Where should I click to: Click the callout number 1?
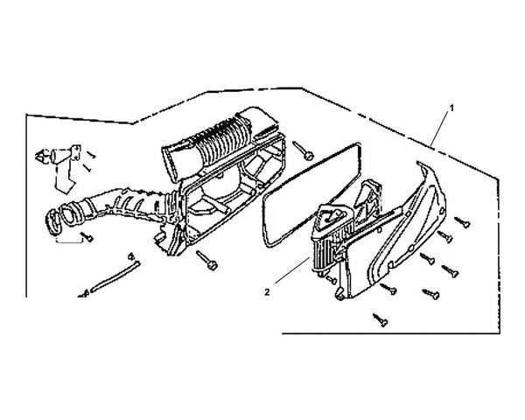coord(451,108)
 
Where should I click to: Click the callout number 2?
coord(267,292)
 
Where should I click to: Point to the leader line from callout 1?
coord(439,129)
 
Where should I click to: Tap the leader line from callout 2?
coord(292,270)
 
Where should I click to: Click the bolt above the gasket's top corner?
coord(304,150)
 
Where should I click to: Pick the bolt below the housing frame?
coord(206,260)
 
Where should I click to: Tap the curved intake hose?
coord(110,206)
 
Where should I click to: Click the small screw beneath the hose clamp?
coord(87,237)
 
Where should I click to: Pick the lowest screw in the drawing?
coord(381,320)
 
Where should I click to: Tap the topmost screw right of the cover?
coord(462,222)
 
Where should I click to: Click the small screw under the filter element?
coord(331,279)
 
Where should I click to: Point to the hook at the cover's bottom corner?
coord(339,294)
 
